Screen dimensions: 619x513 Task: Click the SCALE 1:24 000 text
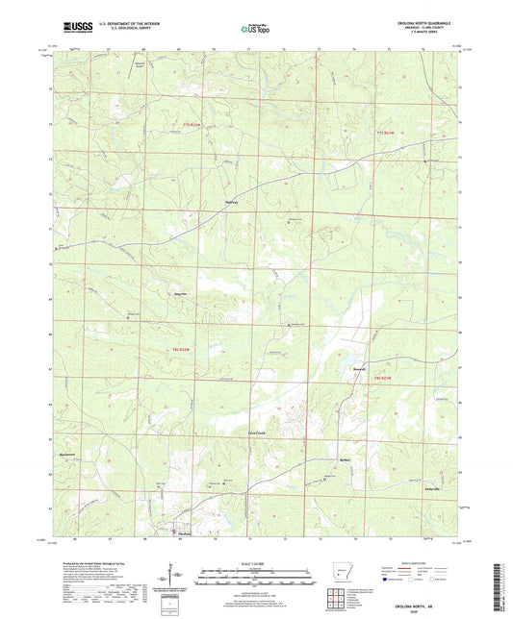tap(256, 562)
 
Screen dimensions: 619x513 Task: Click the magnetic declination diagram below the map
tap(177, 577)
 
